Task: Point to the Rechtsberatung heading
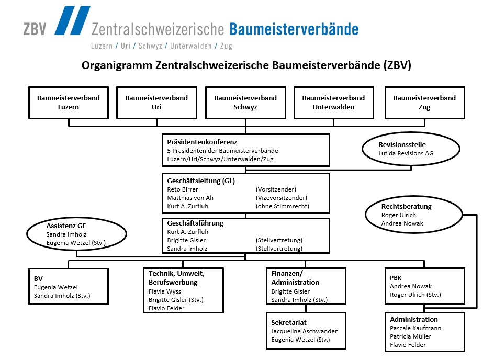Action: coord(406,206)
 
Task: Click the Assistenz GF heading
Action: coord(66,226)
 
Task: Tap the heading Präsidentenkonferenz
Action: coord(202,142)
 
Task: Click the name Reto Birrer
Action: coord(182,189)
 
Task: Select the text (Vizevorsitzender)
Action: coord(281,198)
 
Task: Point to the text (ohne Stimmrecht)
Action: coord(282,206)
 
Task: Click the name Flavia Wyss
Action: coord(164,291)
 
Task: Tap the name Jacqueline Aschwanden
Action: coord(305,331)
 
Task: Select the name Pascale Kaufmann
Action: coord(415,328)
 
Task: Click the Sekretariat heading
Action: coord(289,322)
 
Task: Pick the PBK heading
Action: coord(396,278)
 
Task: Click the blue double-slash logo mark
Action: coord(72,20)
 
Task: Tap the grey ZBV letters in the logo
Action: coord(35,29)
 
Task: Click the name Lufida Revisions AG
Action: coord(406,153)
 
